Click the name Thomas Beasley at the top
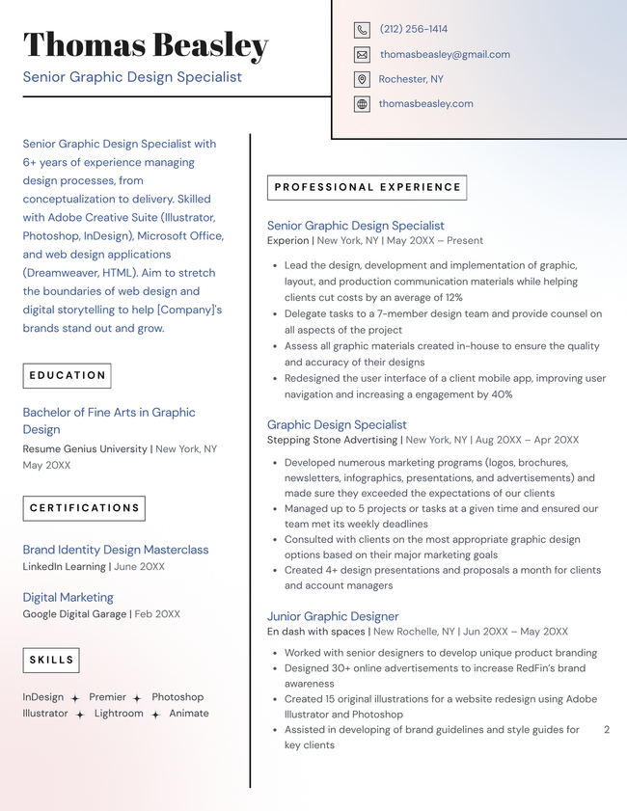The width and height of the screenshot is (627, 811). [x=146, y=45]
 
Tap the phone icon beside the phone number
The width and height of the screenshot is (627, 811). [x=362, y=30]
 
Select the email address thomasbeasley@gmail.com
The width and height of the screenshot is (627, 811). [x=444, y=55]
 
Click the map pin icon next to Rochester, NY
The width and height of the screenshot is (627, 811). [x=362, y=80]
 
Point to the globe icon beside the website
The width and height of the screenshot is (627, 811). [x=362, y=104]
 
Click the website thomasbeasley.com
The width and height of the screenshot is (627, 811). [x=425, y=104]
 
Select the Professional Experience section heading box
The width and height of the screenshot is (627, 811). [x=367, y=187]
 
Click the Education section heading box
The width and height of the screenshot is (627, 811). [x=67, y=375]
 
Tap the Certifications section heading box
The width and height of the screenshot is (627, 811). [x=84, y=508]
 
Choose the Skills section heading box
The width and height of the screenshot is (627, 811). [x=51, y=661]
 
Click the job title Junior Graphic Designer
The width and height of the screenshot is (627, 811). [x=333, y=616]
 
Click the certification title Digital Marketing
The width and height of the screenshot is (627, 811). [x=68, y=598]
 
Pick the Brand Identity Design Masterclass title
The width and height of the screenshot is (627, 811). [x=116, y=550]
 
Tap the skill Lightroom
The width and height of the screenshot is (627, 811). [x=119, y=714]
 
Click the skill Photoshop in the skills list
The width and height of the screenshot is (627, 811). [x=177, y=697]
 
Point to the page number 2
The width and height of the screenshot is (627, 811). [x=607, y=730]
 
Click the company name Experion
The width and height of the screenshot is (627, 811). [x=287, y=241]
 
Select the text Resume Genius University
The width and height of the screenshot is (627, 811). [x=85, y=449]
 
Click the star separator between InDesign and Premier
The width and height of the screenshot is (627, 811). [x=75, y=698]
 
